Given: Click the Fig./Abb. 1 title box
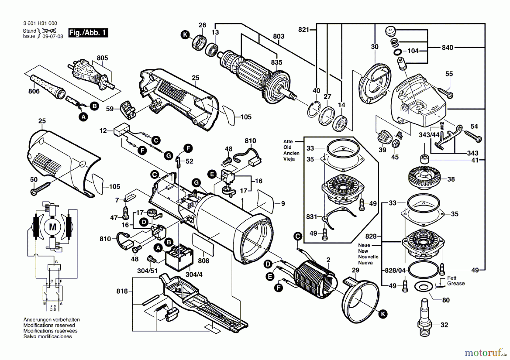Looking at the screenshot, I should click(88, 33).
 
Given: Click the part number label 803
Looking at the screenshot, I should click(279, 36).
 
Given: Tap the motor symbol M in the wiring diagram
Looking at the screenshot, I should click(53, 227).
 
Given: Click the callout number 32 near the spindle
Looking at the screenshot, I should click(444, 325).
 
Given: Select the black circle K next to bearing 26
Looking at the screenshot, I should click(185, 35).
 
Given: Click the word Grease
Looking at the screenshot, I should click(456, 284).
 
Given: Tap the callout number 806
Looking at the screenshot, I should click(34, 91).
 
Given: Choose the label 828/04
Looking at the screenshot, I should click(395, 270).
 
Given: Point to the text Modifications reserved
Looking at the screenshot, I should click(49, 325).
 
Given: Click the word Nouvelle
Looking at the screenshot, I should click(368, 257).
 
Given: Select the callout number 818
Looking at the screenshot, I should click(122, 291).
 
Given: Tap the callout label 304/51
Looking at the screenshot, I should click(147, 271).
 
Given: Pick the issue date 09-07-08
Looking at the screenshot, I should click(53, 36).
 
